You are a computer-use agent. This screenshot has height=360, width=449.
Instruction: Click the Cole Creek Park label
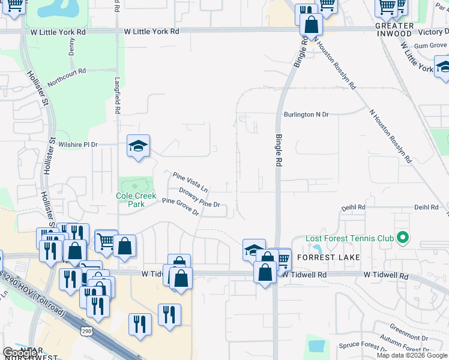(x=136, y=200)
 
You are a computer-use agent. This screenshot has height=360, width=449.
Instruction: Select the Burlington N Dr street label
(x=306, y=114)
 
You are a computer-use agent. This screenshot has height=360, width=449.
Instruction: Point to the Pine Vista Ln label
(x=190, y=182)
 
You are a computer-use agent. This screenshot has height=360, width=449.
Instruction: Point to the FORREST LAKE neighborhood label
(x=329, y=257)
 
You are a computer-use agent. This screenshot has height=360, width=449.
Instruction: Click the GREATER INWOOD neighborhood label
(x=394, y=30)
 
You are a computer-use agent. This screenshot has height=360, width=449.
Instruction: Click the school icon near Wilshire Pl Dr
(x=138, y=146)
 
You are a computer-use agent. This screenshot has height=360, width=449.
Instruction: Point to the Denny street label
(x=72, y=47)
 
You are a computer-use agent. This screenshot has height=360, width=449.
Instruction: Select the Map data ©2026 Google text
(x=411, y=355)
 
